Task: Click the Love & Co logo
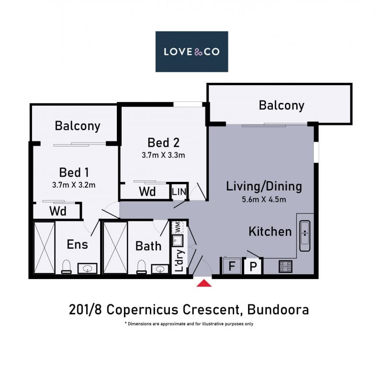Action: tap(192, 52)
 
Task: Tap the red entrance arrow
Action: tap(204, 283)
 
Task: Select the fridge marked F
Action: tap(231, 266)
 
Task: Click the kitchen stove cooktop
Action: tap(285, 267)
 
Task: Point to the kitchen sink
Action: tap(305, 236)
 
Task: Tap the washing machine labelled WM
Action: tap(178, 227)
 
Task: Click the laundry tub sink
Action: tap(178, 241)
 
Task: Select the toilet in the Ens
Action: tap(66, 267)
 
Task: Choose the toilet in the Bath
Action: tap(141, 267)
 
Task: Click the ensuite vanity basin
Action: tap(88, 268)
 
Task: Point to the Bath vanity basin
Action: tap(160, 269)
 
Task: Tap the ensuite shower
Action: tap(44, 247)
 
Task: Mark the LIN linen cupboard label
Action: tap(179, 192)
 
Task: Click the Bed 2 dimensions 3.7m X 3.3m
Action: tap(163, 155)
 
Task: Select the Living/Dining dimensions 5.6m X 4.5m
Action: tap(264, 200)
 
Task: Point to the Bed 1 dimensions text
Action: tap(74, 185)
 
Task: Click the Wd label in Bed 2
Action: tap(147, 192)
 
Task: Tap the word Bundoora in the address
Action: tap(278, 310)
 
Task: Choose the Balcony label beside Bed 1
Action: tap(78, 126)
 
